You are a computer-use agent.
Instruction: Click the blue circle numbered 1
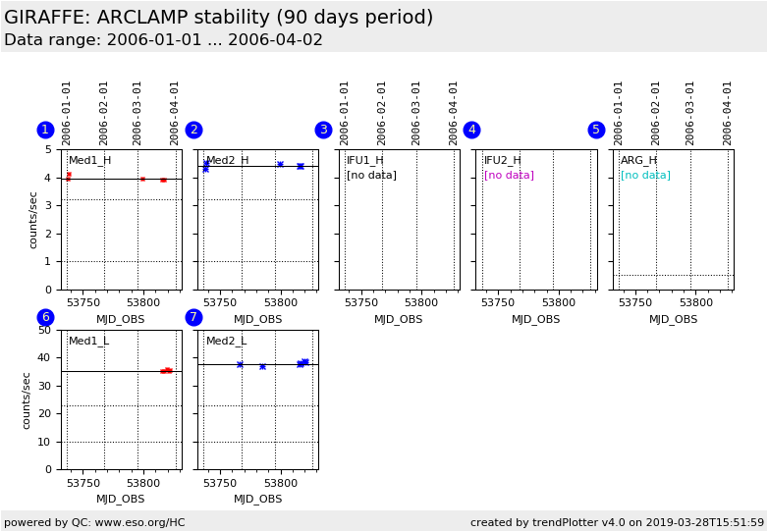pyautogui.click(x=45, y=130)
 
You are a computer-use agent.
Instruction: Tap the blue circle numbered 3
pyautogui.click(x=323, y=130)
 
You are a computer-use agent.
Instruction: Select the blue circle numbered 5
pyautogui.click(x=596, y=130)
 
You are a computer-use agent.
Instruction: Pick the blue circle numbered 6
pyautogui.click(x=45, y=317)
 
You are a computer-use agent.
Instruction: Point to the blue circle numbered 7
pyautogui.click(x=193, y=317)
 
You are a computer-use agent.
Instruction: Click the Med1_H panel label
pyautogui.click(x=89, y=161)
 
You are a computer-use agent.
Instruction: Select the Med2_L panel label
pyautogui.click(x=226, y=342)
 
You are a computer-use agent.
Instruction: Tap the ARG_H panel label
pyautogui.click(x=638, y=161)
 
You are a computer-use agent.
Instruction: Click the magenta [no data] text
pyautogui.click(x=509, y=176)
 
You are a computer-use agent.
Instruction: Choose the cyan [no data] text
pyautogui.click(x=645, y=176)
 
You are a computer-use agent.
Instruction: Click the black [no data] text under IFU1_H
pyautogui.click(x=371, y=176)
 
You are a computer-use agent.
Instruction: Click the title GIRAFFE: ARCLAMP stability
pyautogui.click(x=218, y=18)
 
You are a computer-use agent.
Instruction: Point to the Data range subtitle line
pyautogui.click(x=163, y=40)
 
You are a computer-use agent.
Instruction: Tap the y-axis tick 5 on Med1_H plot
pyautogui.click(x=49, y=150)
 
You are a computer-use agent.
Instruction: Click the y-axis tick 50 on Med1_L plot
pyautogui.click(x=45, y=331)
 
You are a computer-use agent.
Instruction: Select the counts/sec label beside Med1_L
pyautogui.click(x=27, y=399)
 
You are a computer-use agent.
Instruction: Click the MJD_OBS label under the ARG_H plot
pyautogui.click(x=673, y=319)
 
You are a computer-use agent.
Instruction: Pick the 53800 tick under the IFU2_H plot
pyautogui.click(x=559, y=303)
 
